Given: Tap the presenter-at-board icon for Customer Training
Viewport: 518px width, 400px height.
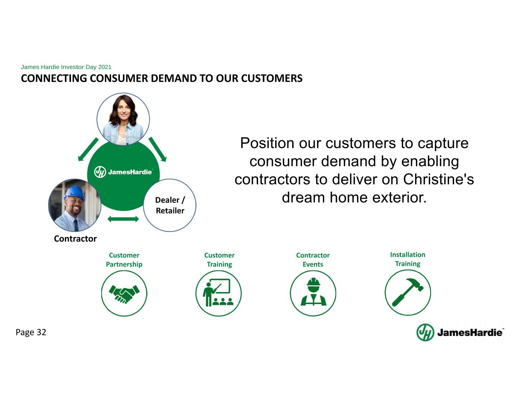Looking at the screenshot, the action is tap(218, 293).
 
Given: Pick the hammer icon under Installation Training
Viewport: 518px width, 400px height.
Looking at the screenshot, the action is tap(408, 292).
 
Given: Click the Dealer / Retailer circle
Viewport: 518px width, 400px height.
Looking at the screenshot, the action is tap(170, 205).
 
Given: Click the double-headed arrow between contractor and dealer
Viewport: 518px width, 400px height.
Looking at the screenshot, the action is tap(123, 219).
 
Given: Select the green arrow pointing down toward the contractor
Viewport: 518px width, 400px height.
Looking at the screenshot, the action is tap(88, 149).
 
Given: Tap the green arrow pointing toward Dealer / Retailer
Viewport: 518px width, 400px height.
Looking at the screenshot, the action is tap(157, 149).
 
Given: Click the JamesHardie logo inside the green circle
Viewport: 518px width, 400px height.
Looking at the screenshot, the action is tap(123, 172).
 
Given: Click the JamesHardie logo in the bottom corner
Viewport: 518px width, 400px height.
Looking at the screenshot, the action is tap(460, 333).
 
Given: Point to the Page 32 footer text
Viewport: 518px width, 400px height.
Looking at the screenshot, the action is tap(31, 333).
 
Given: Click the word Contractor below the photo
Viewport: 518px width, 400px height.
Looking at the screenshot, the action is tap(75, 238).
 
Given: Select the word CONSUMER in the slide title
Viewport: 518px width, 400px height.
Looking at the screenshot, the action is tap(119, 78).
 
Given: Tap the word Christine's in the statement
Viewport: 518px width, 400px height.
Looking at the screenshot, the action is tap(438, 179).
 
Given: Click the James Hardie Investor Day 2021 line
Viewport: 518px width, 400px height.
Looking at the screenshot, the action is tap(66, 67).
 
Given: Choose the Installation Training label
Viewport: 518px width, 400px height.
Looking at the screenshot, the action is tap(408, 259).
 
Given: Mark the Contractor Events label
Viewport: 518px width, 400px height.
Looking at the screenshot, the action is tap(313, 259).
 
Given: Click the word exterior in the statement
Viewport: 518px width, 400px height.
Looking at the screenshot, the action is tap(399, 198).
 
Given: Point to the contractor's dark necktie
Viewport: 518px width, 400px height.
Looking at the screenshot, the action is tap(76, 225).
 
